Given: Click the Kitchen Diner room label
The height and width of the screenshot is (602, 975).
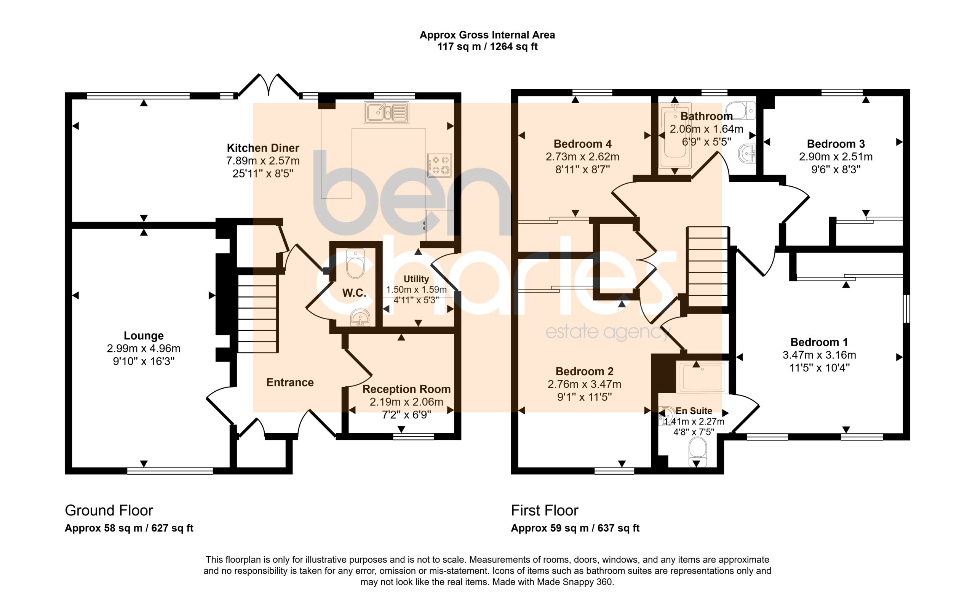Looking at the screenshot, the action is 263,148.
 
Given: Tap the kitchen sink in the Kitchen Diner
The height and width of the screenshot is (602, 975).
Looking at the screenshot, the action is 386,112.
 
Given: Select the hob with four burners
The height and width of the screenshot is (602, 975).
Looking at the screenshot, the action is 440,165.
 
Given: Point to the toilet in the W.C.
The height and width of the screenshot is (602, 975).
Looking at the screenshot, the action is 355,263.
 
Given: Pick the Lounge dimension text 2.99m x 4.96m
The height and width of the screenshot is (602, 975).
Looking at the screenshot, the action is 144,349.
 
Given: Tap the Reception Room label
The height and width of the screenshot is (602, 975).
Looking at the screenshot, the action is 406,389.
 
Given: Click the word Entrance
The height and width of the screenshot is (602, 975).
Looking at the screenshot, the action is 290,383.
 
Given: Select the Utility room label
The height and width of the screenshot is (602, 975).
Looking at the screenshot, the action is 416,279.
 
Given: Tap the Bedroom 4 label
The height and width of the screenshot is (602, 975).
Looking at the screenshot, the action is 583,144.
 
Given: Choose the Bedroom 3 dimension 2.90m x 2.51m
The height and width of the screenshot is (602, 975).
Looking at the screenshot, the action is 836,157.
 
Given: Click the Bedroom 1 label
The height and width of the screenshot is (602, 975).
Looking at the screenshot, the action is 819,342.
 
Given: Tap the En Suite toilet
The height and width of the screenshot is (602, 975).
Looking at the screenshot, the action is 698,452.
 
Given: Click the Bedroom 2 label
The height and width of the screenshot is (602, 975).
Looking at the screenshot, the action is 584,371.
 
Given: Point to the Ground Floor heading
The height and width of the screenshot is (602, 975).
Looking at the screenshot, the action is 109,511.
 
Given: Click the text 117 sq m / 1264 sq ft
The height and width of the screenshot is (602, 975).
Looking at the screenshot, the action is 487,46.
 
